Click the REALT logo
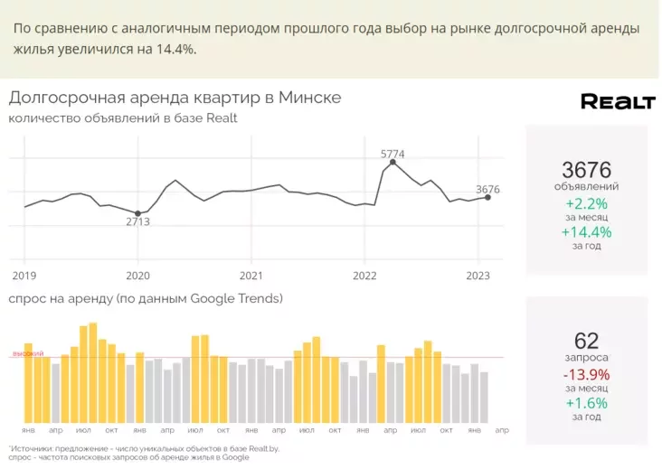[x=617, y=101]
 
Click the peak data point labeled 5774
[x=392, y=163]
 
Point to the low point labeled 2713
[x=137, y=213]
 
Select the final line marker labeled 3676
[x=488, y=197]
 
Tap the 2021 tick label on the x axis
[x=251, y=276]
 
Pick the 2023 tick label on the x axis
[x=478, y=276]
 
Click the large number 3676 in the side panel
[x=586, y=169]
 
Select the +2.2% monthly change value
[x=586, y=204]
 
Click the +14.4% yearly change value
[x=586, y=232]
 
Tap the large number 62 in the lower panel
[x=586, y=341]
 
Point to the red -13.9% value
[x=586, y=375]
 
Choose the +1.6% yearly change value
[x=586, y=403]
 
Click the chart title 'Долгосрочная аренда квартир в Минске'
[x=175, y=98]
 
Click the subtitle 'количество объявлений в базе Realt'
[x=123, y=118]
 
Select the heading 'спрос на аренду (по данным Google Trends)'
[x=146, y=298]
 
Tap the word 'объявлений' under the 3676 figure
[x=586, y=186]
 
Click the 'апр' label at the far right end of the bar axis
[x=502, y=430]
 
